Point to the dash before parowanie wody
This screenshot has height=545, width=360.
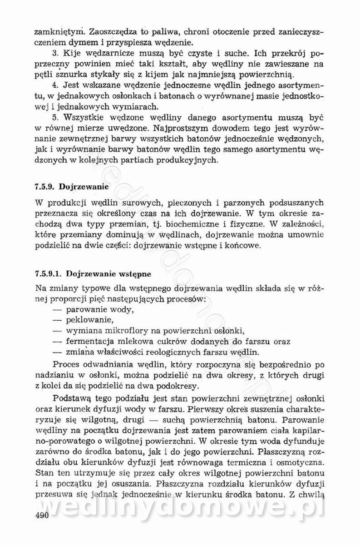57,310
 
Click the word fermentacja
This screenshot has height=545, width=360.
93,341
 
